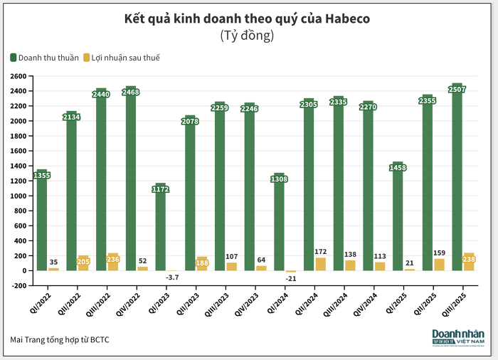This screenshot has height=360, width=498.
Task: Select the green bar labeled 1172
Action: (x=161, y=228)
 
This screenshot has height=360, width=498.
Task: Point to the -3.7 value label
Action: (x=172, y=277)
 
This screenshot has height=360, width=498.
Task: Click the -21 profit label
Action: (x=291, y=279)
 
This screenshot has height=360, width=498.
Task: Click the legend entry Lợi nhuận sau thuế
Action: (x=122, y=57)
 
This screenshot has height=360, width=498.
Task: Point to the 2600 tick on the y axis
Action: (x=17, y=76)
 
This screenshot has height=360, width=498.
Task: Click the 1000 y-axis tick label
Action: (x=17, y=196)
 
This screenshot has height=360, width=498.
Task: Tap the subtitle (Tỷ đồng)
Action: (x=248, y=35)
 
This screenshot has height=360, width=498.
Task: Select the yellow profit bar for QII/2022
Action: (x=83, y=263)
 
